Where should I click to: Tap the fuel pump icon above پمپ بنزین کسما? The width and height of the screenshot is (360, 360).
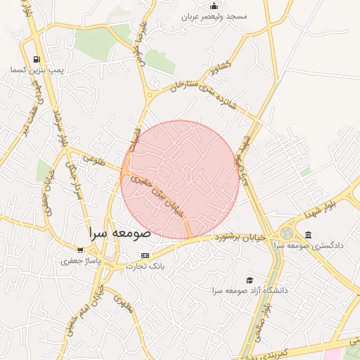click(37, 59)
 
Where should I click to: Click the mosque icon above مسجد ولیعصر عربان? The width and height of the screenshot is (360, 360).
click(214, 6)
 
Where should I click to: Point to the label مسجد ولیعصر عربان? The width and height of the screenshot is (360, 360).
click(214, 16)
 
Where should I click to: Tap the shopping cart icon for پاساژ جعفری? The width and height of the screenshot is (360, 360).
click(80, 250)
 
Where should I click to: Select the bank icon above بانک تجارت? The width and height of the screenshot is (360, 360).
click(146, 255)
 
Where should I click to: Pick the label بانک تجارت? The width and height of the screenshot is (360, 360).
click(146, 266)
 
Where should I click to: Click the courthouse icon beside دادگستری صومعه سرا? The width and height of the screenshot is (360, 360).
click(308, 235)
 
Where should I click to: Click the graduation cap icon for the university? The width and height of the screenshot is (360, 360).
click(247, 280)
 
